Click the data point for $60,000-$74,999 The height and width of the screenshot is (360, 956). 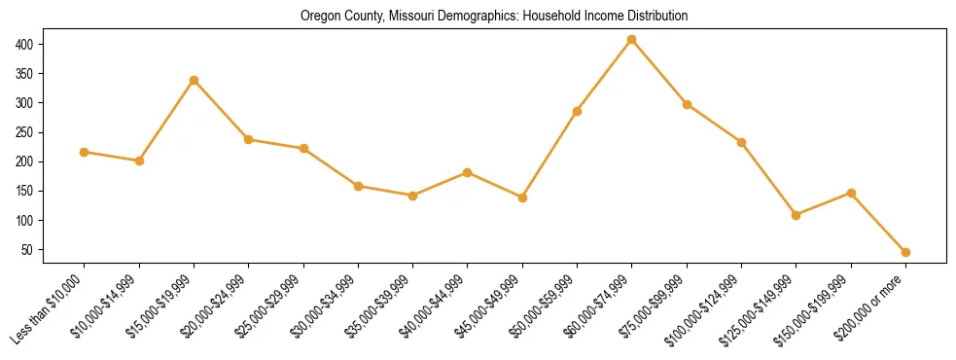(632, 39)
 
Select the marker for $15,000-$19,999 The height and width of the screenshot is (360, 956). (194, 80)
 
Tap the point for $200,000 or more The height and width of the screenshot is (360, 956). (905, 252)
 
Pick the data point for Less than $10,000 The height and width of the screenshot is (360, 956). (85, 152)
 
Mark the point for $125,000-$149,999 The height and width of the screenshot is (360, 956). (797, 215)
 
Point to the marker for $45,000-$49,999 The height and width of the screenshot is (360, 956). (522, 198)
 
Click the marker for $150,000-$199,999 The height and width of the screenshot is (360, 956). (851, 193)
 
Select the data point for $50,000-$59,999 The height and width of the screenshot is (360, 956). (577, 111)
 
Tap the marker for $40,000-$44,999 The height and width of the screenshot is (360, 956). (468, 172)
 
